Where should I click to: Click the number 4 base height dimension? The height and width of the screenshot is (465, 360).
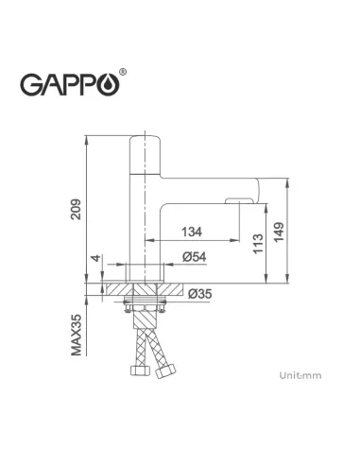[x=94, y=258]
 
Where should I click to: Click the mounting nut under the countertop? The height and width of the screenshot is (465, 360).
[x=146, y=306]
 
